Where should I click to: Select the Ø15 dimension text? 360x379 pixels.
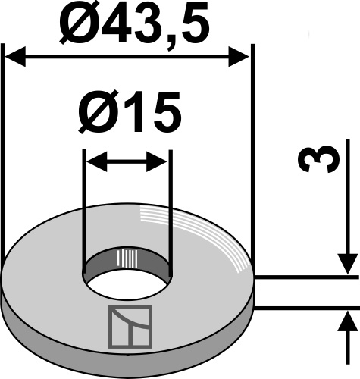(x=129, y=114)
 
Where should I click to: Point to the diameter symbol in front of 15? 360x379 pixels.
(x=95, y=114)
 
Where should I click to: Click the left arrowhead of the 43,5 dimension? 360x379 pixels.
(x=15, y=57)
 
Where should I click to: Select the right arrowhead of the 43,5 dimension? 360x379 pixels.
(x=240, y=57)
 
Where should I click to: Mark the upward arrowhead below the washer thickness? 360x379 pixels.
(x=347, y=318)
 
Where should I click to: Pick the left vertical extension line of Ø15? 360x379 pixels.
(x=86, y=205)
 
